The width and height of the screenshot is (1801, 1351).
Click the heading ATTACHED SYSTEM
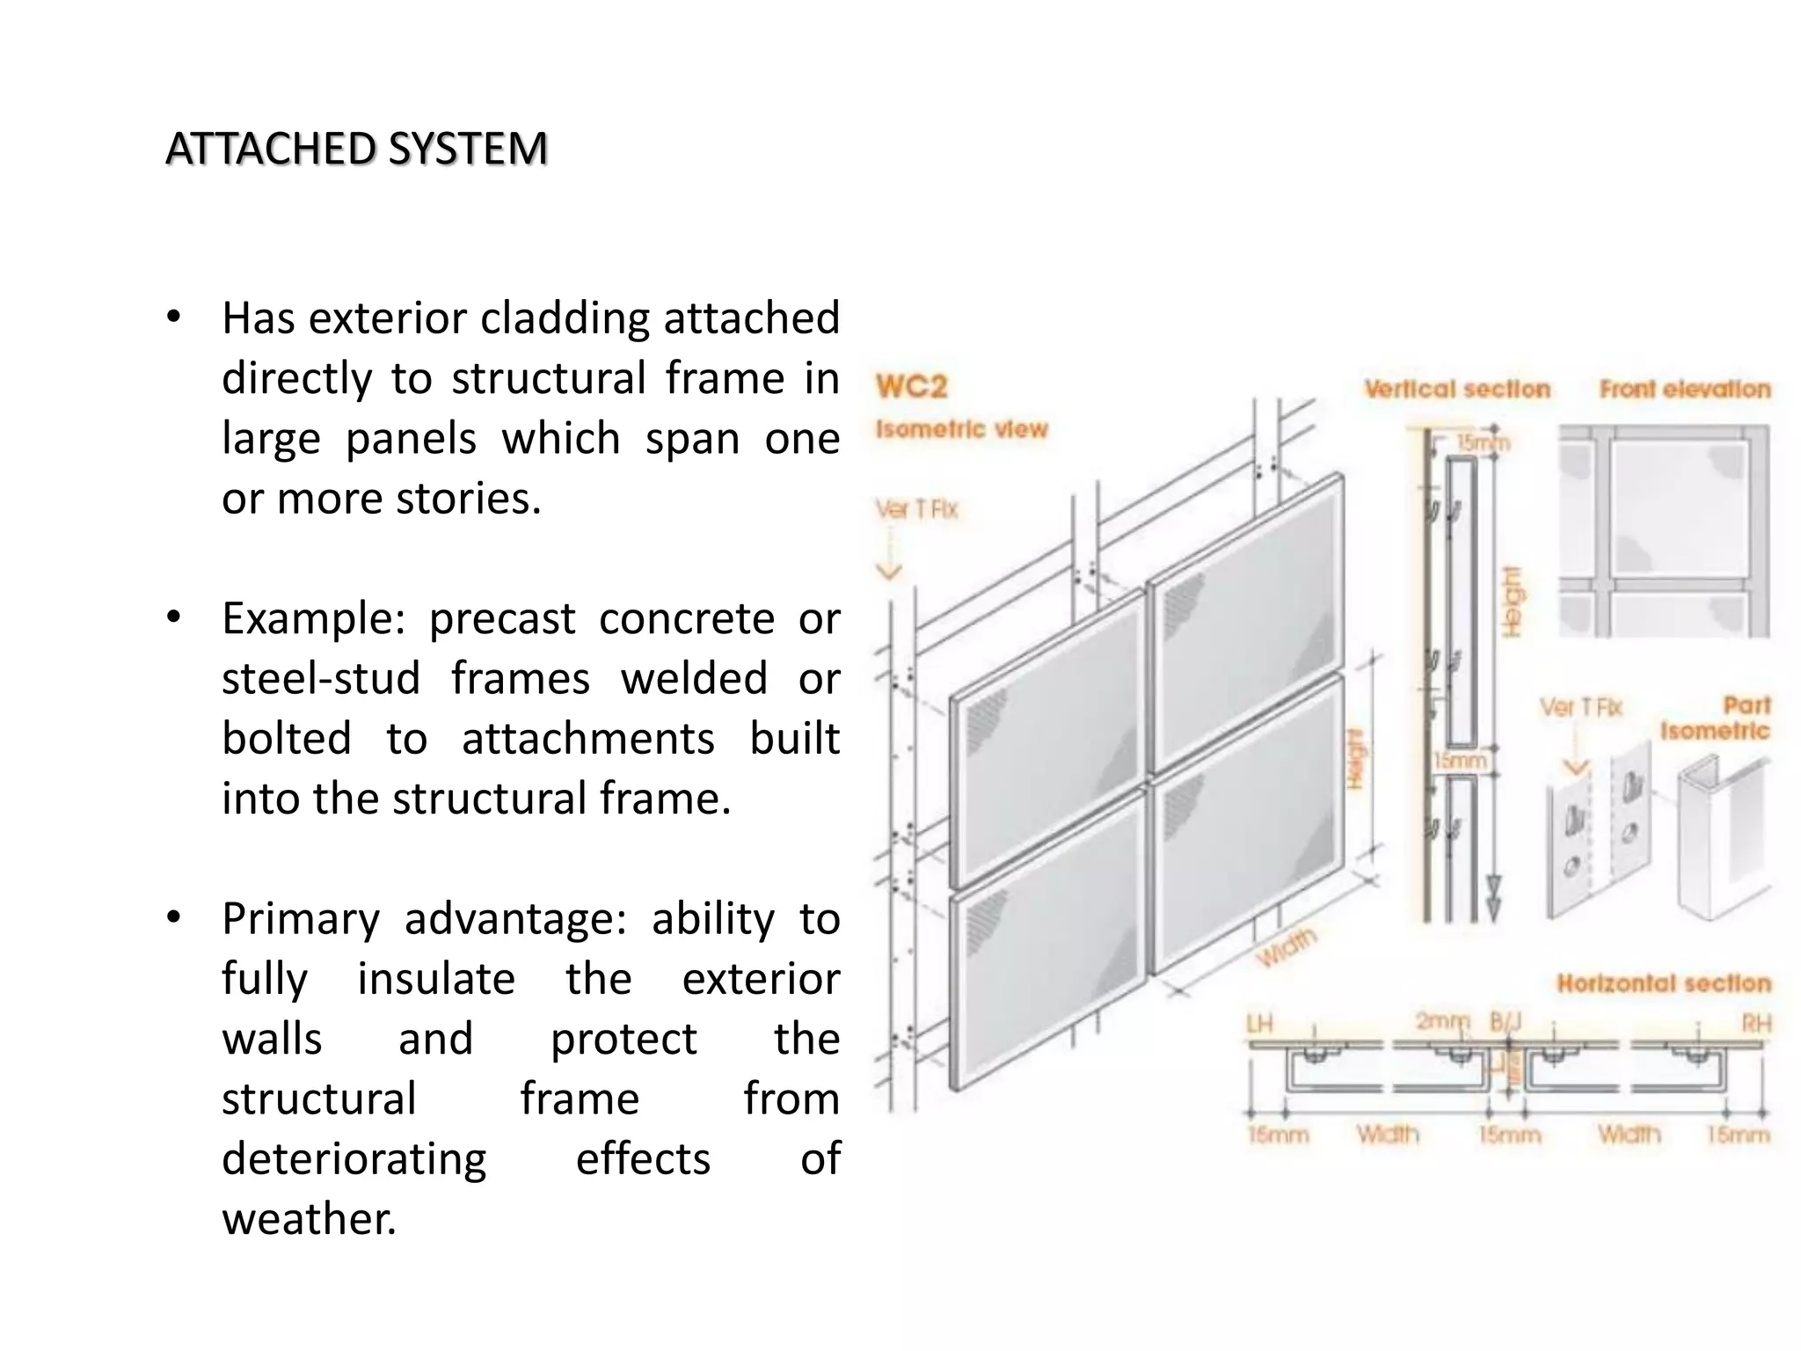(356, 148)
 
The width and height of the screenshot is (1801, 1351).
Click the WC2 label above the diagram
(911, 386)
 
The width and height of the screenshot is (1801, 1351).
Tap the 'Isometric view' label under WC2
(961, 429)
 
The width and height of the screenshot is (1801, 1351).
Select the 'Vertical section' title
(1457, 389)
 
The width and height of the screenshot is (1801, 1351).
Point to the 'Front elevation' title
(1684, 389)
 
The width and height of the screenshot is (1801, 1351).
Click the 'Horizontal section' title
(1663, 983)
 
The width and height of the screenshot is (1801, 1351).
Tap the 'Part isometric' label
(1716, 718)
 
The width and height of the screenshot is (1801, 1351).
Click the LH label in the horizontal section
(1259, 1024)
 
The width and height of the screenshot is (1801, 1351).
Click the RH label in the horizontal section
(1756, 1024)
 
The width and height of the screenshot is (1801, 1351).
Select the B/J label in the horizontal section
(1506, 1022)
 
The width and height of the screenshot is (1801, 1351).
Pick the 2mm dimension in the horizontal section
(1442, 1021)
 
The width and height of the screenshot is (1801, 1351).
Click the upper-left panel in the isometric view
(1046, 739)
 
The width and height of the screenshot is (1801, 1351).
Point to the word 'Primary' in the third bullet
(300, 918)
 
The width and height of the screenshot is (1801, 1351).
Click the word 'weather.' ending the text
(309, 1219)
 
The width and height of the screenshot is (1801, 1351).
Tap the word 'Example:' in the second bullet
(313, 618)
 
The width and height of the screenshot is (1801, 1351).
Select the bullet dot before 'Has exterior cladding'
(174, 318)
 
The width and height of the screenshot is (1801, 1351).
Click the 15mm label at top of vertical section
(1483, 442)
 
